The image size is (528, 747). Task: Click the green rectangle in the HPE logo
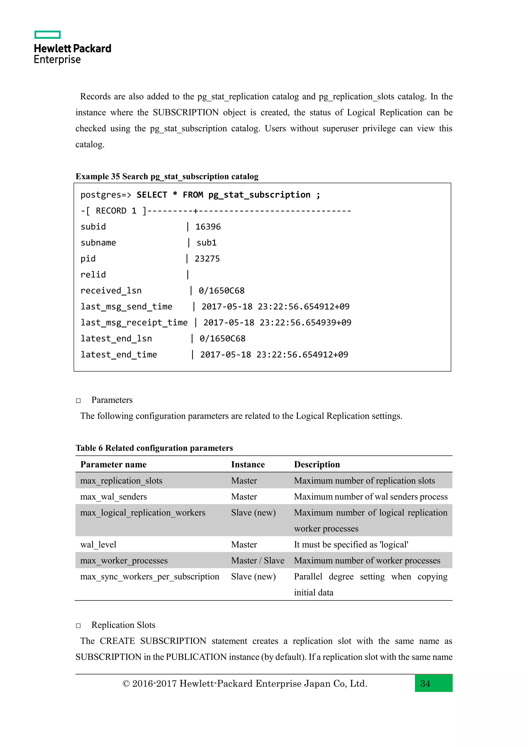47,35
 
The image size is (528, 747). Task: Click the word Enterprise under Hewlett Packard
57,60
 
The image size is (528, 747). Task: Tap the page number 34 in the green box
425,684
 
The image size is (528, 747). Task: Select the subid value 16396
208,227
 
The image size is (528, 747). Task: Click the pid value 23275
207,259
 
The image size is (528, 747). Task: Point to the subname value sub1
207,243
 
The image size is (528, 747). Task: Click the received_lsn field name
111,290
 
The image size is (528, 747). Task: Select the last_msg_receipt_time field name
134,322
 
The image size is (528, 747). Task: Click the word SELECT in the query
152,195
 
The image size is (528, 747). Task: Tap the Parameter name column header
113,464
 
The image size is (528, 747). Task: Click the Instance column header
248,464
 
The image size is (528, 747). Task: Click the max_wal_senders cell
113,497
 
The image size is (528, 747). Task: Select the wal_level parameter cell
98,544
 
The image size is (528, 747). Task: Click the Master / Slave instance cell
258,560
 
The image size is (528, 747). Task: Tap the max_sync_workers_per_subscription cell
150,577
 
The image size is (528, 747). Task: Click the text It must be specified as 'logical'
351,544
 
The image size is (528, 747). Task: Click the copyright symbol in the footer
126,684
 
